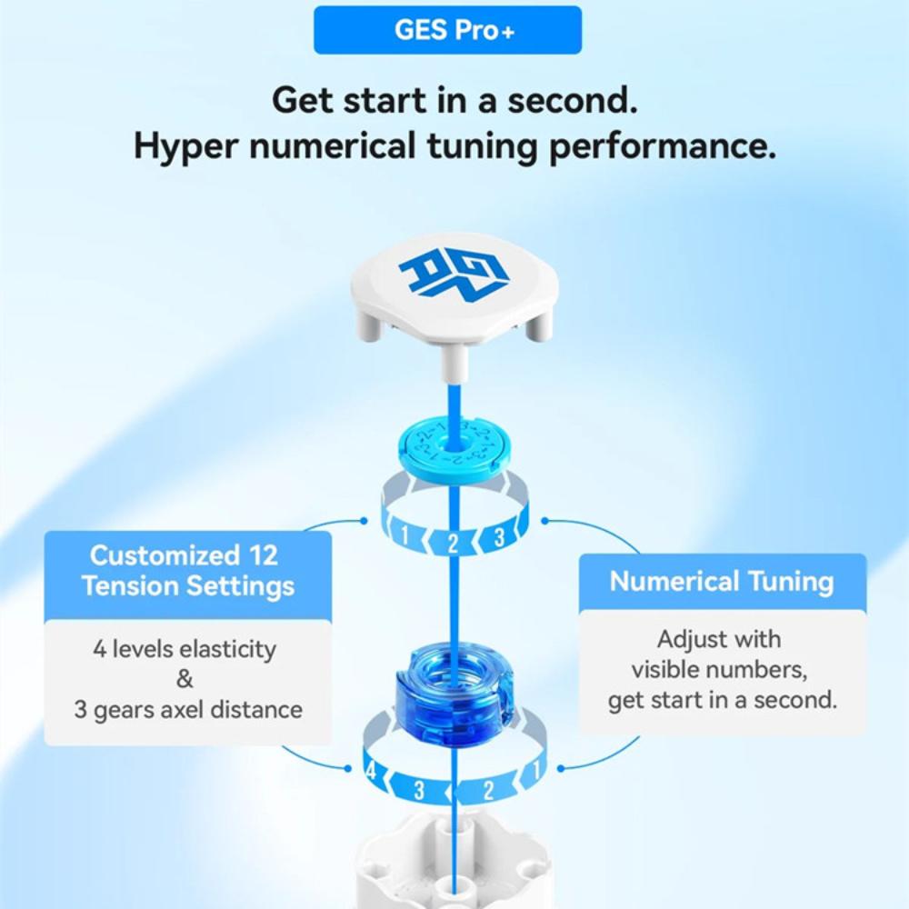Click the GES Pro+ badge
coord(447,30)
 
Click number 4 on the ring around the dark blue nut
coord(370,772)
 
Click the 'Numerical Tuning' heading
coord(722,581)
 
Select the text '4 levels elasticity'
coord(184,650)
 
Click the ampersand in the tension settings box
coord(185,679)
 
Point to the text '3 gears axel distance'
coord(187,709)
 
